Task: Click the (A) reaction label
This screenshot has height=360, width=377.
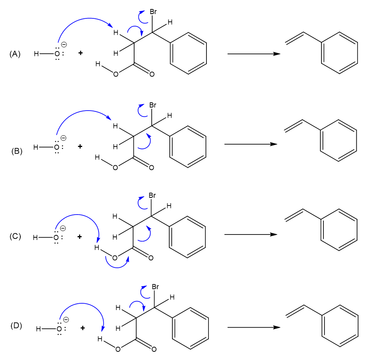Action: (15, 54)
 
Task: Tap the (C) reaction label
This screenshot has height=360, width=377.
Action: (16, 236)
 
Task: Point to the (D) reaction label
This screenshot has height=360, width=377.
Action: (16, 325)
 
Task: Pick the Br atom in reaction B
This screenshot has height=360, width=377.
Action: (153, 106)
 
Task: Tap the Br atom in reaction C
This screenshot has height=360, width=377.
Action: (153, 195)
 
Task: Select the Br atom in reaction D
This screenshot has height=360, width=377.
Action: (155, 287)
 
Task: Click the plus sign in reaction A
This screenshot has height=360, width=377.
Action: (81, 53)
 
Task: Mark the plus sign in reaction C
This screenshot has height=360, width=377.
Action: (79, 236)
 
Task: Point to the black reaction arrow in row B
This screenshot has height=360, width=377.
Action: (250, 144)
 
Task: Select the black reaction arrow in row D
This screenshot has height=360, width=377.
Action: (253, 327)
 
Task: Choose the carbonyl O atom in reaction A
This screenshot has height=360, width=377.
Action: (152, 74)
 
